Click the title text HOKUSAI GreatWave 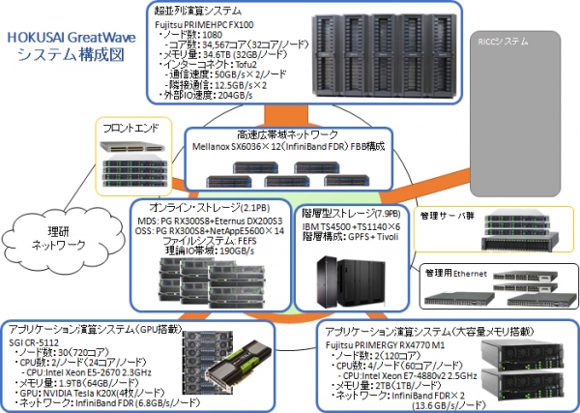[67, 38]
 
